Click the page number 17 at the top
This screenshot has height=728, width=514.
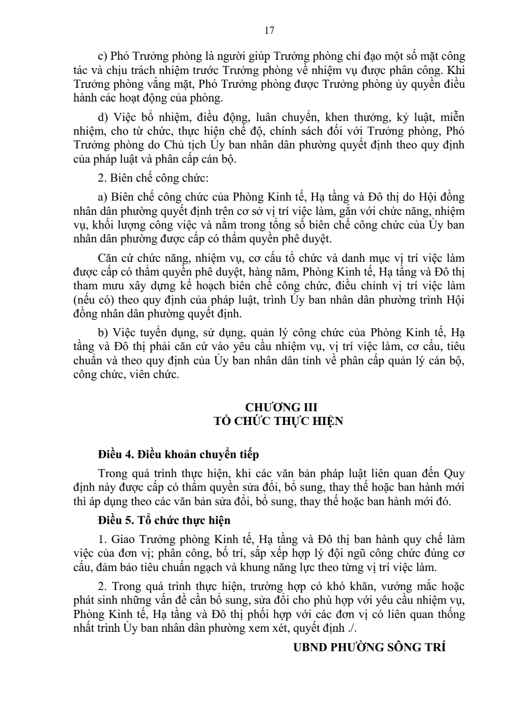tap(269, 31)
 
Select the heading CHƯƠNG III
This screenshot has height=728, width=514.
tap(281, 407)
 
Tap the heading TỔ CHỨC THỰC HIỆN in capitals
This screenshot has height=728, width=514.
tap(278, 421)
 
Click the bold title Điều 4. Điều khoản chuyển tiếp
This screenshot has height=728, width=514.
tap(178, 454)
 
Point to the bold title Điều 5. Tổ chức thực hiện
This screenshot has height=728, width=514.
tap(164, 520)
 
